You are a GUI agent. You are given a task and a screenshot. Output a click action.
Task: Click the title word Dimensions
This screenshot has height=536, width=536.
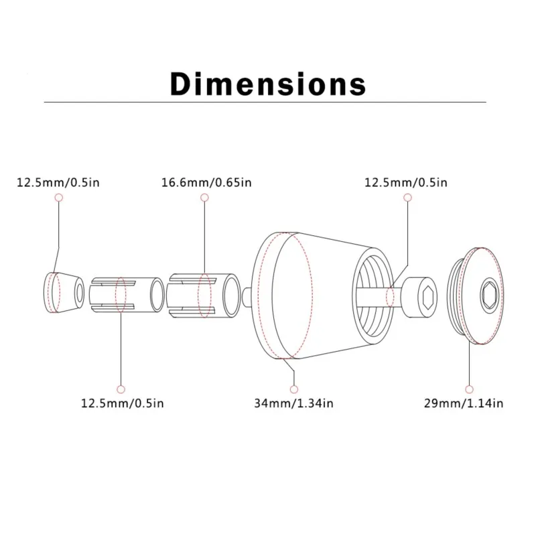(268, 85)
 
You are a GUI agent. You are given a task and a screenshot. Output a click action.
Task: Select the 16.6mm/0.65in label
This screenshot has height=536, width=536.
(206, 182)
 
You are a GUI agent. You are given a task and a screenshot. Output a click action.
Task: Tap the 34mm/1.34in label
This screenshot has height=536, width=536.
(293, 403)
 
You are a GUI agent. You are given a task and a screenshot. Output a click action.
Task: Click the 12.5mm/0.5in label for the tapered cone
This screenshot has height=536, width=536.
(58, 182)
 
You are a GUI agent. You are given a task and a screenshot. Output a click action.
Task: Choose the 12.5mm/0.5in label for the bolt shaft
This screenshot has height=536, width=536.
(406, 182)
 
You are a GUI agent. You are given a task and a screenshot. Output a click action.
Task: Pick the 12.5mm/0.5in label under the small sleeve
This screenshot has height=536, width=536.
(122, 403)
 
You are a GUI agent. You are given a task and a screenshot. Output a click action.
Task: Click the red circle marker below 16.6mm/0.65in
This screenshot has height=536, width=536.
(204, 198)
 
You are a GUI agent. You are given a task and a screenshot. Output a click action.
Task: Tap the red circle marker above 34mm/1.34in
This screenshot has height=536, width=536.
(293, 388)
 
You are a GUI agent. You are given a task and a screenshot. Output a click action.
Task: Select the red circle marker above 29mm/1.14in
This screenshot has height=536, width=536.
(469, 388)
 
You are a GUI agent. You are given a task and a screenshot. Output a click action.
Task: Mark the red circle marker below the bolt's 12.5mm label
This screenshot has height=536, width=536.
(407, 198)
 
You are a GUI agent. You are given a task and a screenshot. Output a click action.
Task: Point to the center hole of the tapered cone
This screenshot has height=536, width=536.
(80, 292)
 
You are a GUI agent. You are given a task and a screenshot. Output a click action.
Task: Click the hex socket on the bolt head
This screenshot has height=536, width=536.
(427, 293)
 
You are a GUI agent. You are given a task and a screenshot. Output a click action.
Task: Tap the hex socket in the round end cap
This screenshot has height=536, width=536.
(490, 293)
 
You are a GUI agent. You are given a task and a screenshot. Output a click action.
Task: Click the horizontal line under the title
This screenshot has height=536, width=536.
(268, 103)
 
